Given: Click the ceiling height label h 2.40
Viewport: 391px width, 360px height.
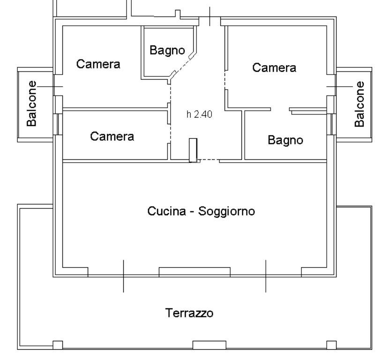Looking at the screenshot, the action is click(x=199, y=114).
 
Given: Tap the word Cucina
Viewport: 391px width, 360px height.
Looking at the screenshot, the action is click(x=166, y=211).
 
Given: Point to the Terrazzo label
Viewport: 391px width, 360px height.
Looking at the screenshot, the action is click(x=189, y=313).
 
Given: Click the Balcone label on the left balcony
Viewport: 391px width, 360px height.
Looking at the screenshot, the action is click(x=32, y=104).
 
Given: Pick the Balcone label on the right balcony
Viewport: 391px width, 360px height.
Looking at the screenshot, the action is click(x=359, y=104).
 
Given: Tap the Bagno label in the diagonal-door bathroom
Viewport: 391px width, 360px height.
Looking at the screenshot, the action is click(x=167, y=51).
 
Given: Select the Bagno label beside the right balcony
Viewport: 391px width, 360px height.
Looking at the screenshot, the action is click(x=286, y=140).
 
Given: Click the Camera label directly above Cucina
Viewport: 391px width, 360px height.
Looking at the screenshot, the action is click(x=112, y=136).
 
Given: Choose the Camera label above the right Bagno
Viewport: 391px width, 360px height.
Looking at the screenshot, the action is click(x=274, y=67).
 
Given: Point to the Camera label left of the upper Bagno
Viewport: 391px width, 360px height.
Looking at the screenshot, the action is click(x=98, y=64).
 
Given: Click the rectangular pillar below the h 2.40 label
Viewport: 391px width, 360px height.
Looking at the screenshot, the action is click(x=193, y=150).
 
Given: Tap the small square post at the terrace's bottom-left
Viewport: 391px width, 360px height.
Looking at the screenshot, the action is click(x=58, y=345).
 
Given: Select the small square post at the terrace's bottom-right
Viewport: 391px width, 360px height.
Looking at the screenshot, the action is click(x=331, y=345).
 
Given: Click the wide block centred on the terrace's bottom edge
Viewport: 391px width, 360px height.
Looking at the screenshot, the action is click(x=210, y=345).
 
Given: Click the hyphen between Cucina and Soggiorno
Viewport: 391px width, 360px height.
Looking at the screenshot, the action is click(x=192, y=212).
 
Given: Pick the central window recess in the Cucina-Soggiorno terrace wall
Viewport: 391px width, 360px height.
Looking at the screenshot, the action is click(x=195, y=272).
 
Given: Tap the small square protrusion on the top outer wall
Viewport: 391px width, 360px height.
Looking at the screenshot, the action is click(x=178, y=14).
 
